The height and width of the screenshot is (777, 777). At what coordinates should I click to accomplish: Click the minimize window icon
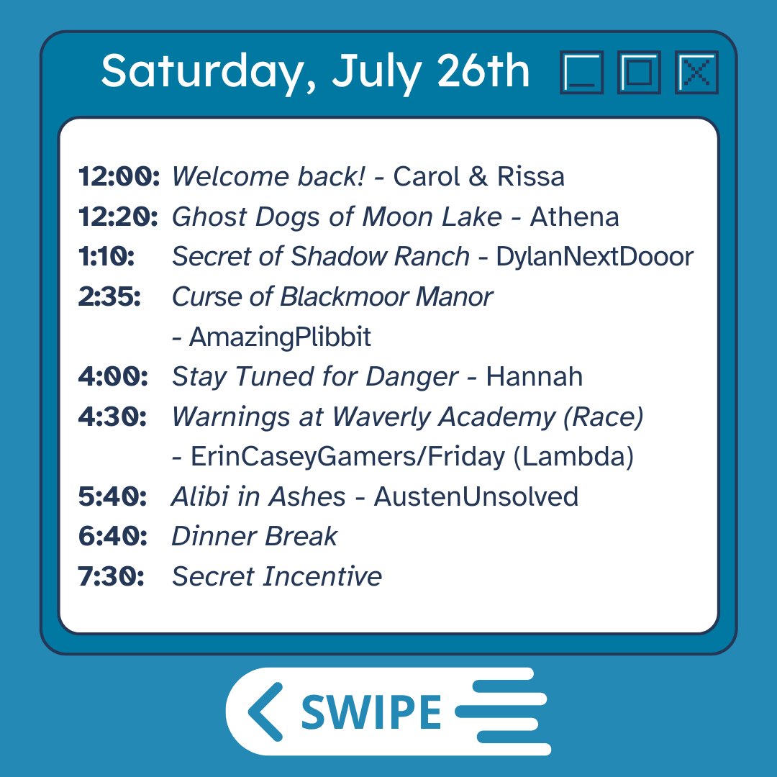[x=581, y=72]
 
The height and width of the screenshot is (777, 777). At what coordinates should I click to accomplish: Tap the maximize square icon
[x=639, y=72]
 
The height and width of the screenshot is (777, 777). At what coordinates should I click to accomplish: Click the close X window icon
[x=696, y=72]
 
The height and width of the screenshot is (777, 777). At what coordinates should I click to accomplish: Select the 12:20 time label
[x=118, y=217]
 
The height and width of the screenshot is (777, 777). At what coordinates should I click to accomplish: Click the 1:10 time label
[x=106, y=257]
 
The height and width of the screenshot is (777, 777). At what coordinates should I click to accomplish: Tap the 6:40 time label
[x=112, y=537]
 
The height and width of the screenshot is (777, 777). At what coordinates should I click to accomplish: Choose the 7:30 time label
[x=111, y=576]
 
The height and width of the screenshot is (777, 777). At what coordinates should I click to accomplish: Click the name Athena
[x=574, y=217]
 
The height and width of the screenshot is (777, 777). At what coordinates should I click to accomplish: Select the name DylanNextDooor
[x=594, y=257]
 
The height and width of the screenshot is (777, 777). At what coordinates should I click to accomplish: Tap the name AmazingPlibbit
[x=281, y=337]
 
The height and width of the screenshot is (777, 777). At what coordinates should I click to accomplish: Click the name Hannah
[x=534, y=377]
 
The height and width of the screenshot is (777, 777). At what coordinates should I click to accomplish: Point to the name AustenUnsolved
[x=476, y=497]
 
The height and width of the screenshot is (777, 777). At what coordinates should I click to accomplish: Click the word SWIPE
[x=371, y=712]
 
